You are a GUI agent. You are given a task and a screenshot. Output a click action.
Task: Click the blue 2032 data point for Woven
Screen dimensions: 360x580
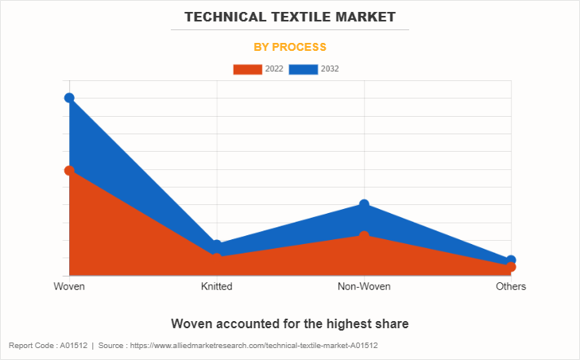click(x=69, y=98)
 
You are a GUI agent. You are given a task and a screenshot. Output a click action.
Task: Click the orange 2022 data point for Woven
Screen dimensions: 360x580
click(x=69, y=170)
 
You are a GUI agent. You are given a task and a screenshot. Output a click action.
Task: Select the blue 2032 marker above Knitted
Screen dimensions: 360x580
click(x=216, y=245)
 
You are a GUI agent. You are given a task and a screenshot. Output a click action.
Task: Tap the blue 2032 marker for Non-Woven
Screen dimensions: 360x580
click(x=364, y=204)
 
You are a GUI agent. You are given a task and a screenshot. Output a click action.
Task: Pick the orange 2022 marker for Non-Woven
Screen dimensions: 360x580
click(x=364, y=236)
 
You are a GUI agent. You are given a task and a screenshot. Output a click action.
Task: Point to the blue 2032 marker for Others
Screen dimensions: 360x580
click(x=511, y=260)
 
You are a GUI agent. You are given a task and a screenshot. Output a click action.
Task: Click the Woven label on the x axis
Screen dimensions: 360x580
click(x=69, y=286)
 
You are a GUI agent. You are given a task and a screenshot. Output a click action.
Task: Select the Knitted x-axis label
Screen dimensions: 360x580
click(x=216, y=286)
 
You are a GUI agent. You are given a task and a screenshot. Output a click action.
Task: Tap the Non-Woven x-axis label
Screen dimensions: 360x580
click(x=364, y=286)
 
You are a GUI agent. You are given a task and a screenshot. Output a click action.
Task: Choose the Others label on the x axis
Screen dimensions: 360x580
click(x=511, y=286)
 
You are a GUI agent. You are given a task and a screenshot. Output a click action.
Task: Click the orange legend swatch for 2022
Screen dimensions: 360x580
click(x=247, y=69)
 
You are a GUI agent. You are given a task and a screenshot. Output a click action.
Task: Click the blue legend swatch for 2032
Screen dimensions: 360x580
click(x=304, y=69)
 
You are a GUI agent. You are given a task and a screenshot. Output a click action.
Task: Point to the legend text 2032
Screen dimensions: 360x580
click(x=330, y=69)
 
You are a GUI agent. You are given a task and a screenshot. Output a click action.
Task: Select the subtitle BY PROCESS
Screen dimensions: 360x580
click(x=290, y=47)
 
